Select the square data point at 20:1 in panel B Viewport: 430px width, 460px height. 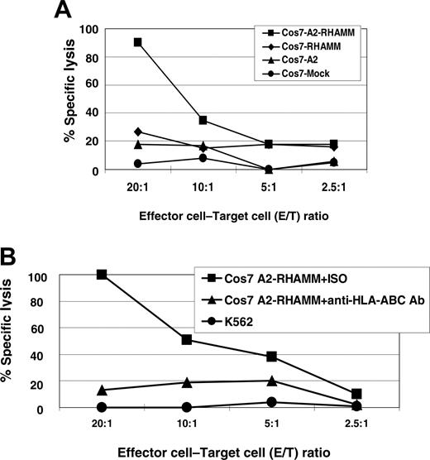(102, 275)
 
